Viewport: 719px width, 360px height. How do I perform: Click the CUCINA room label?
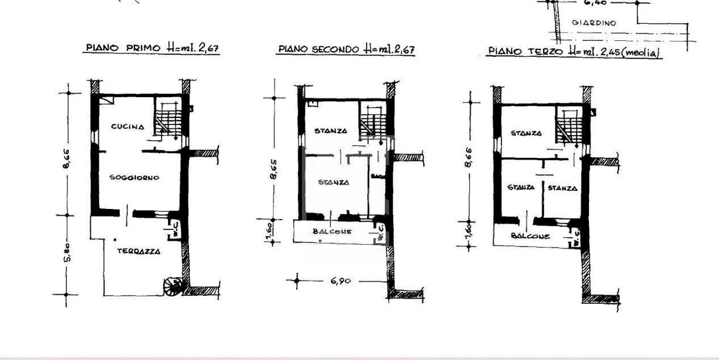pyautogui.click(x=127, y=127)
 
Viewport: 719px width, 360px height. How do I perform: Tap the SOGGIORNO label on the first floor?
pyautogui.click(x=134, y=178)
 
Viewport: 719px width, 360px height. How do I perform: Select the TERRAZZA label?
pyautogui.click(x=138, y=251)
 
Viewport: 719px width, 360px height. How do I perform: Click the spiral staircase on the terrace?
pyautogui.click(x=173, y=286)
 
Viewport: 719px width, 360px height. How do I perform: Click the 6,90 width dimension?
pyautogui.click(x=340, y=281)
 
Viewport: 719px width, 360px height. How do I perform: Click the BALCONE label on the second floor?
pyautogui.click(x=332, y=232)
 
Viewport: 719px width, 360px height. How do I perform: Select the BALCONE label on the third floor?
pyautogui.click(x=530, y=236)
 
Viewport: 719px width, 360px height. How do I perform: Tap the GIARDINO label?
pyautogui.click(x=594, y=23)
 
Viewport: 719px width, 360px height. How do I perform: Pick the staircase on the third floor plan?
pyautogui.click(x=568, y=125)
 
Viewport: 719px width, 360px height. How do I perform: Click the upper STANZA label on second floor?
pyautogui.click(x=331, y=131)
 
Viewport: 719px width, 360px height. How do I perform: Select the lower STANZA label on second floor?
pyautogui.click(x=333, y=182)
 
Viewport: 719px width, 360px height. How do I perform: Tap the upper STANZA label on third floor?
pyautogui.click(x=525, y=133)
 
